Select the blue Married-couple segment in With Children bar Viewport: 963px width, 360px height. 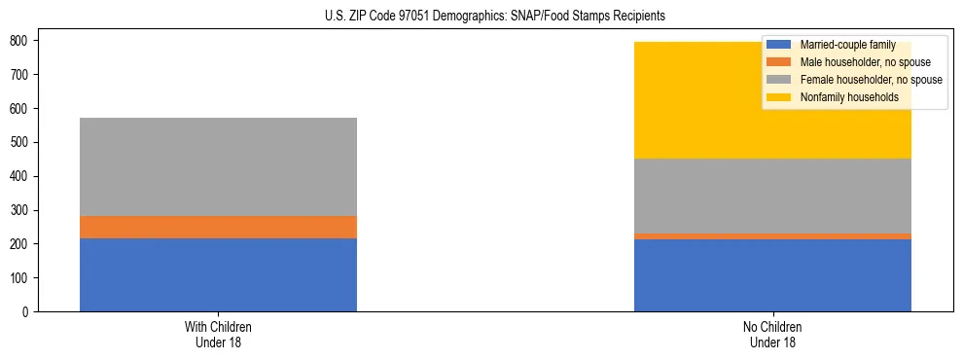coord(218,274)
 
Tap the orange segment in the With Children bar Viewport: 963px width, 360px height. coord(218,227)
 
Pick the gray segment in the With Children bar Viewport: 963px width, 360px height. coord(218,166)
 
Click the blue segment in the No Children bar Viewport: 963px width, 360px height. coord(772,275)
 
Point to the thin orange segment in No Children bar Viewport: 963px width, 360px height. coord(772,236)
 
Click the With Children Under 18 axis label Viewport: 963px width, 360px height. coord(218,334)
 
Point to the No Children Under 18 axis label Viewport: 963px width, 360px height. coord(772,334)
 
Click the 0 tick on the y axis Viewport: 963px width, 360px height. coord(27,312)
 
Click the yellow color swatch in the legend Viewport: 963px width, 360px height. coord(779,97)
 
